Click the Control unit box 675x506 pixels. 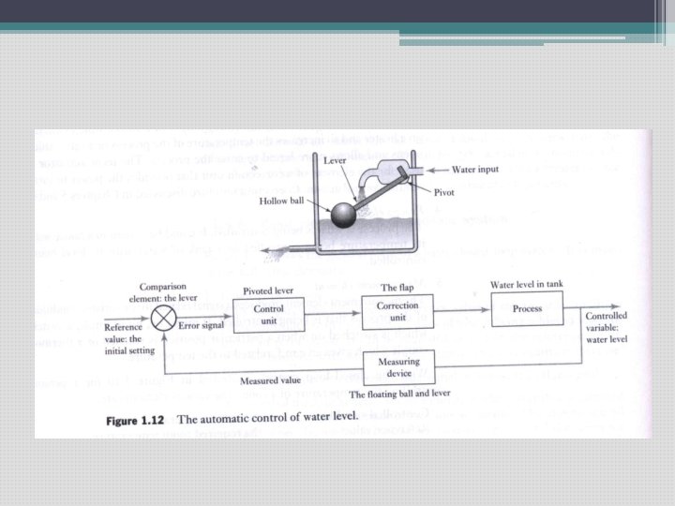pyautogui.click(x=269, y=313)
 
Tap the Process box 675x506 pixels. pyautogui.click(x=527, y=309)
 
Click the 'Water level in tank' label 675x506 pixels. pyautogui.click(x=526, y=283)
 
